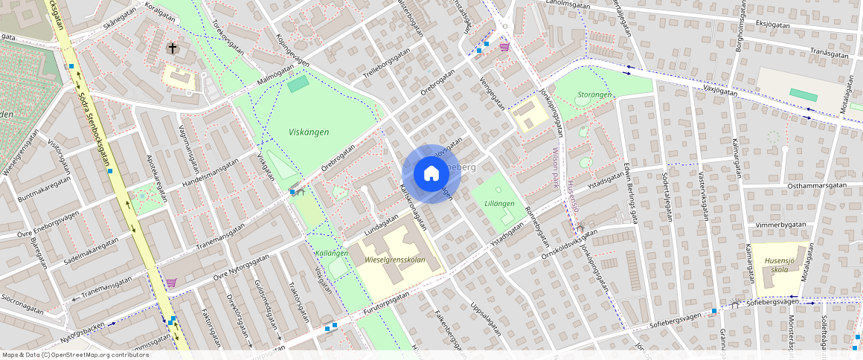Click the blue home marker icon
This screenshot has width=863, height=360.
[431, 174]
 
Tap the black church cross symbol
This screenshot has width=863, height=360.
[173, 48]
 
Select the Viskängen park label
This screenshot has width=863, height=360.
[309, 132]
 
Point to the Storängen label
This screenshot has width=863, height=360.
[594, 94]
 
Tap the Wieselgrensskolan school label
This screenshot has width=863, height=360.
[396, 260]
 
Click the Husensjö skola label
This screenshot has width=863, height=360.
[781, 266]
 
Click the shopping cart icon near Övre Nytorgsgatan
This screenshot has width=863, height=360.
[171, 283]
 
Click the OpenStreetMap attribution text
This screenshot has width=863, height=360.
[74, 355]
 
